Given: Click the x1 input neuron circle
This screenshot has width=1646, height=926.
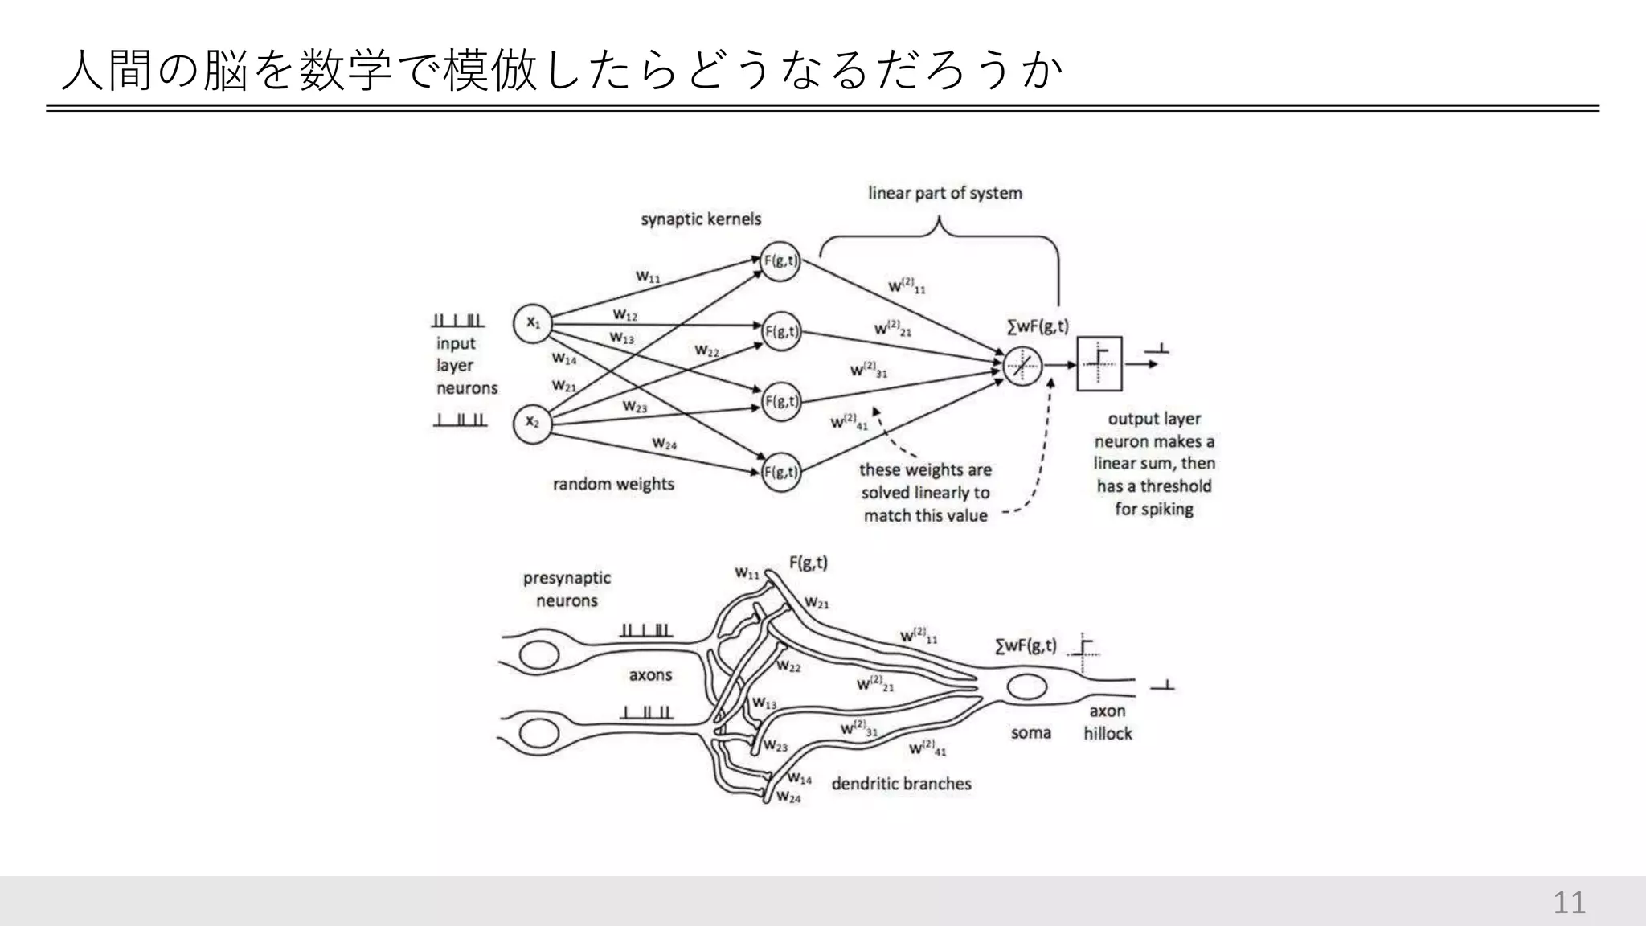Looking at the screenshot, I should [x=533, y=323].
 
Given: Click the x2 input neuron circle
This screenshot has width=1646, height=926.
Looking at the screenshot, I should [x=533, y=421].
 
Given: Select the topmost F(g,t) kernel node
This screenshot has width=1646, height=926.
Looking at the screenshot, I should [x=780, y=260].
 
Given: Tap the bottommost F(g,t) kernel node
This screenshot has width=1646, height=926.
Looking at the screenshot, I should [x=780, y=472].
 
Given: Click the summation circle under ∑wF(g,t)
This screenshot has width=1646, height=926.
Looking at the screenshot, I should [x=1022, y=367].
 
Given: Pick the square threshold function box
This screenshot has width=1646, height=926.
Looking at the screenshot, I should [x=1099, y=363].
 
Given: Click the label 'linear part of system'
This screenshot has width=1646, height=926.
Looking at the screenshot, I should [x=944, y=193].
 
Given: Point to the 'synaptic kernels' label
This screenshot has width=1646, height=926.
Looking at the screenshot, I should [x=701, y=219].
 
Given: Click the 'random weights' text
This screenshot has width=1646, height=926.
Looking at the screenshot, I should [x=613, y=484].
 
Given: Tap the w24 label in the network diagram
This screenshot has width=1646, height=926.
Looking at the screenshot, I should [x=664, y=443].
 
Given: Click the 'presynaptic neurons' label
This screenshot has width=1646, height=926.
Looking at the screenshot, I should [x=567, y=589].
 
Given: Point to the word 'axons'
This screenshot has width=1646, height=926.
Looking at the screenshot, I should [x=650, y=675].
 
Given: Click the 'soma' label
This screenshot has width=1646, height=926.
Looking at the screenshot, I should [x=1030, y=733].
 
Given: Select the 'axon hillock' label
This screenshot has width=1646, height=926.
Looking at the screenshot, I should [x=1108, y=722].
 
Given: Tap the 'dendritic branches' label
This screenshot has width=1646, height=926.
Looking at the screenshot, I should [x=901, y=784].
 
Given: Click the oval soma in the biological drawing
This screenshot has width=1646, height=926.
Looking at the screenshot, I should [x=1026, y=687].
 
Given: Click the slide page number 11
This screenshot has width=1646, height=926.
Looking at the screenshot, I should [x=1569, y=903].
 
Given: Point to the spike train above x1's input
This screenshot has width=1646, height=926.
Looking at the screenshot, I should [x=458, y=321].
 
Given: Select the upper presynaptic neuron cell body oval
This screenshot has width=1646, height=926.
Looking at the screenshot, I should [x=539, y=656].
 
